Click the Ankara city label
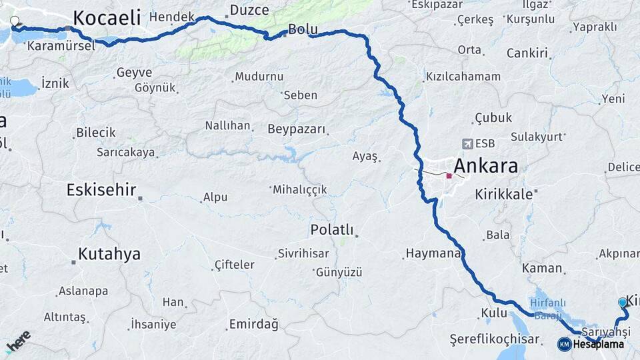[485, 166]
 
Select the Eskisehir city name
[101, 190]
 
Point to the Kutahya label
[109, 254]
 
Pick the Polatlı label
[331, 230]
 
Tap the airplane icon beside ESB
[467, 143]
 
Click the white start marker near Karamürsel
[15, 21]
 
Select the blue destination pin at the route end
[623, 303]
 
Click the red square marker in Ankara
[449, 176]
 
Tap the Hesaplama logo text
[598, 344]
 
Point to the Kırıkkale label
[504, 195]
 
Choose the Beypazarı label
[296, 129]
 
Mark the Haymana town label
[433, 253]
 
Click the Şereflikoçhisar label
[494, 339]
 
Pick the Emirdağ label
[253, 324]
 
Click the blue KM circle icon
[564, 344]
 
